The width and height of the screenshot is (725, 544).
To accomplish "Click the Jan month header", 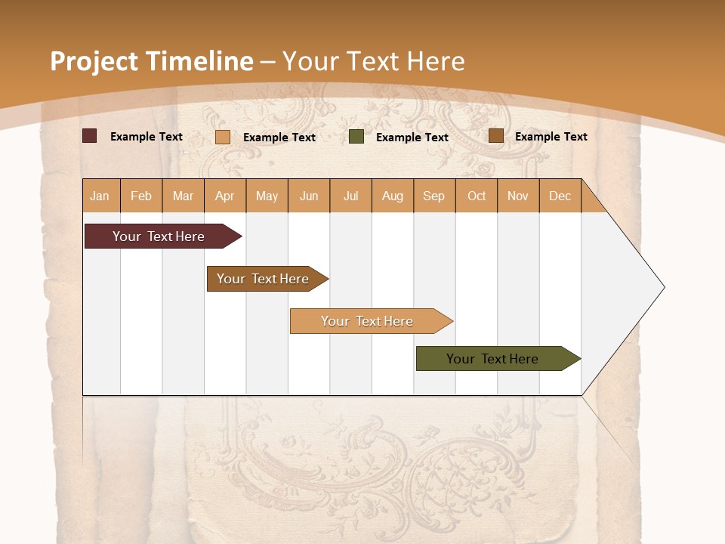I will click(x=100, y=196).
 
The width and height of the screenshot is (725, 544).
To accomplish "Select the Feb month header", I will click(x=141, y=196).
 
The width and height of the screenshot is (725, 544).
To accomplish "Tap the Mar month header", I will click(x=183, y=196).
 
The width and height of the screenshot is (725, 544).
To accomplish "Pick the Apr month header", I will click(x=225, y=196).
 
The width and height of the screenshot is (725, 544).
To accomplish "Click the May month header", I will click(x=267, y=196).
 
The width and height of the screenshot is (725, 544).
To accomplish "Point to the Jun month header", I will click(x=309, y=196).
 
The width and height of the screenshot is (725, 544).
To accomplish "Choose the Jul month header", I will click(x=350, y=196).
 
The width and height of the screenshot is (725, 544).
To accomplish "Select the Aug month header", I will click(x=393, y=196).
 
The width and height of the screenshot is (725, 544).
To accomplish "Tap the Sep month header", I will click(x=434, y=196).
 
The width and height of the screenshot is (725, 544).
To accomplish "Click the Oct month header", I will click(x=477, y=196).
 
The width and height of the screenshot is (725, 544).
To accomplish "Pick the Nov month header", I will click(x=518, y=196).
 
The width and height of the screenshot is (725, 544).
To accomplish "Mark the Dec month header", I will click(x=560, y=196).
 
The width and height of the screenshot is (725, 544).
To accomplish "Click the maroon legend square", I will click(x=90, y=136).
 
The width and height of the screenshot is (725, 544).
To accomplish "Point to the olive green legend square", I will click(x=356, y=137).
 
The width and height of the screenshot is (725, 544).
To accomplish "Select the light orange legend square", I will click(x=223, y=137).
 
